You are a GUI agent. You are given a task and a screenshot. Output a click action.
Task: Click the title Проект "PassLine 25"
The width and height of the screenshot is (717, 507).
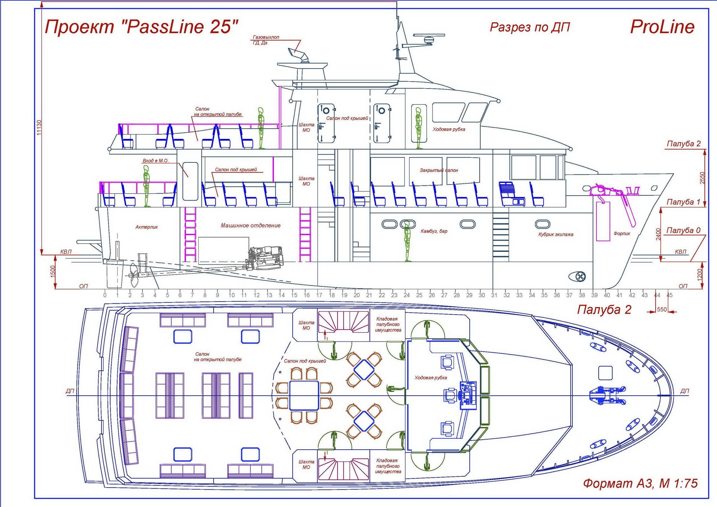pyautogui.click(x=142, y=27)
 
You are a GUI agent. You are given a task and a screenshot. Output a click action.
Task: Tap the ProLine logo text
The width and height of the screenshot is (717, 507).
pyautogui.click(x=662, y=27)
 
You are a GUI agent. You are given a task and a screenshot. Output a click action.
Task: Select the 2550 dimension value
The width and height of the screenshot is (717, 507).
pyautogui.click(x=703, y=178)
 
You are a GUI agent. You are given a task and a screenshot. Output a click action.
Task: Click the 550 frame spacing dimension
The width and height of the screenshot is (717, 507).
pyautogui.click(x=662, y=310)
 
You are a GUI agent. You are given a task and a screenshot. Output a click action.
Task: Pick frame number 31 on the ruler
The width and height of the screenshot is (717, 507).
pyautogui.click(x=494, y=295)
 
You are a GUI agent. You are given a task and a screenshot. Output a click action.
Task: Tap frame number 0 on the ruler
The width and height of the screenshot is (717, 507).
pyautogui.click(x=105, y=295)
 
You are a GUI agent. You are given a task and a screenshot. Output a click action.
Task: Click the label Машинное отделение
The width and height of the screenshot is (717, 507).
pyautogui.click(x=250, y=225)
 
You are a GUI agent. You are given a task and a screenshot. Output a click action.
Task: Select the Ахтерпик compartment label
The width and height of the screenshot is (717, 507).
pyautogui.click(x=146, y=227)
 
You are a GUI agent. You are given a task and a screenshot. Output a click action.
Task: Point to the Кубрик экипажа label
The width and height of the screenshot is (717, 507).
pyautogui.click(x=556, y=234)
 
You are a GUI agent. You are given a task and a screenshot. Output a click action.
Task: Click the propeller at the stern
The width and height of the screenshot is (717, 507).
pyautogui.click(x=134, y=275)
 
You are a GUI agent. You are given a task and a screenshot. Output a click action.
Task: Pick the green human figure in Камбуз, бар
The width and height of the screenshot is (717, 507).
pyautogui.click(x=407, y=241)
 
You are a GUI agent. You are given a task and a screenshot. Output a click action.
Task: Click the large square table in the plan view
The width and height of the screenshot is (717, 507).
pyautogui.click(x=304, y=395)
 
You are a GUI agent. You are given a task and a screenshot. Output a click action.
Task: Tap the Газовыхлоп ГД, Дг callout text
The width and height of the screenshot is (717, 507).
pyautogui.click(x=266, y=40)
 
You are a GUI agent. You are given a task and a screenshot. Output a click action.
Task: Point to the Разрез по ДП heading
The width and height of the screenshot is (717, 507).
pyautogui.click(x=530, y=27)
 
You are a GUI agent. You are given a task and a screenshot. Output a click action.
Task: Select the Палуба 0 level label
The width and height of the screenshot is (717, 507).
pyautogui.click(x=683, y=231)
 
